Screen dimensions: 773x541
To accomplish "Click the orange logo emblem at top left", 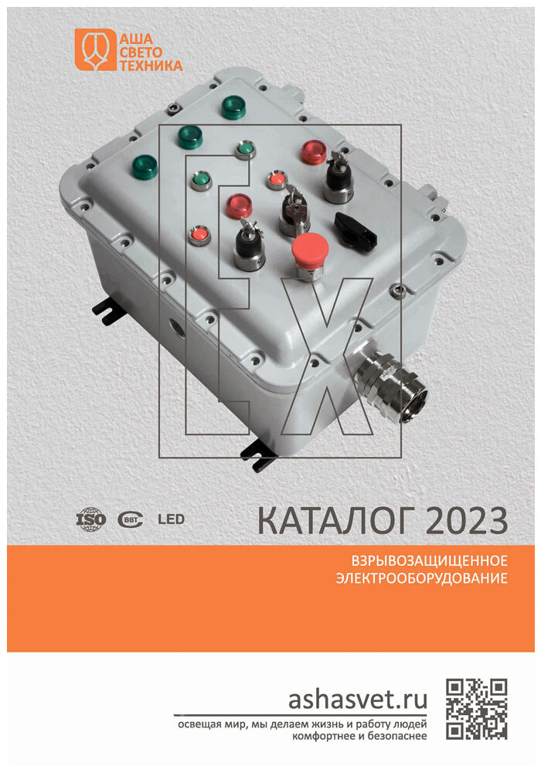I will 92,49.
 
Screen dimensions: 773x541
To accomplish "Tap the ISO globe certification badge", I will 90,519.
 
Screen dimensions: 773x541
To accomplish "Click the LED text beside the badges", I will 171,519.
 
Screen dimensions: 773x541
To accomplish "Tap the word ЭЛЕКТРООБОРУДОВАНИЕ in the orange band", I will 421,577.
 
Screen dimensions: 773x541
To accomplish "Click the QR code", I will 477,708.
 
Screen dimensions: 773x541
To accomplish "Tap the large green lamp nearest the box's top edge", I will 233,107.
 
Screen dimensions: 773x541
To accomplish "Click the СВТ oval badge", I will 130,519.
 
